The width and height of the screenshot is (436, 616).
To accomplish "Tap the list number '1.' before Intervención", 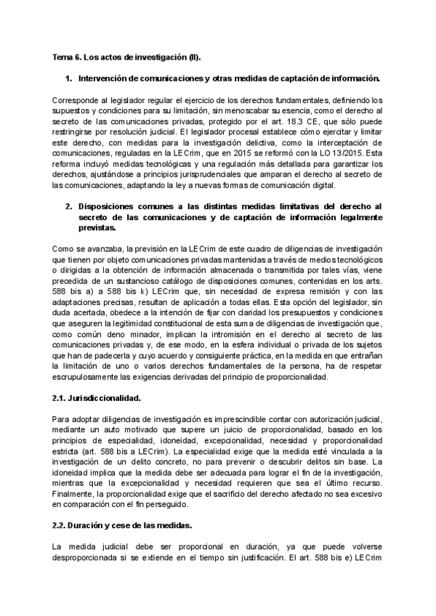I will (69, 78).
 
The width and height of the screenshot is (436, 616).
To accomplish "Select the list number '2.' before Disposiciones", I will (69, 207).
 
